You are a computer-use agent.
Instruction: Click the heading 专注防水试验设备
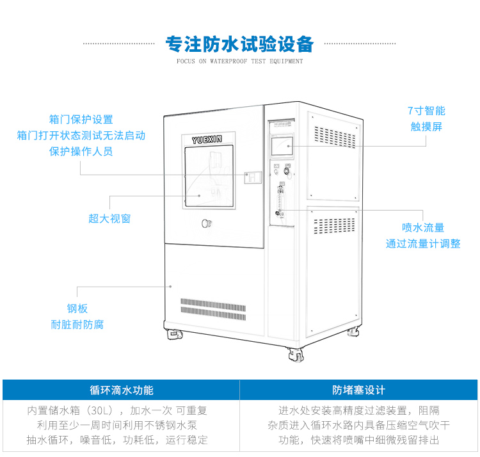(x=240, y=44)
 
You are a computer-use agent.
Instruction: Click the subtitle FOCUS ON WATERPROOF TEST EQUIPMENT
(x=240, y=61)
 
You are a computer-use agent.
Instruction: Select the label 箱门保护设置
(x=81, y=119)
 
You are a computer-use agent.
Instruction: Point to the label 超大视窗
(x=109, y=218)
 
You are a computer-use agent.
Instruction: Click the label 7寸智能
(x=426, y=110)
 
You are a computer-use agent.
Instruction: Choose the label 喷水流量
(x=423, y=227)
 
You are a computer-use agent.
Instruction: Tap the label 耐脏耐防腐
(x=77, y=324)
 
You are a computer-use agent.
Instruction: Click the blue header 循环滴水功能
(x=121, y=390)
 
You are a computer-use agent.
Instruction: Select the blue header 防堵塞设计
(x=359, y=390)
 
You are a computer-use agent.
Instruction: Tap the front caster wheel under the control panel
(x=295, y=354)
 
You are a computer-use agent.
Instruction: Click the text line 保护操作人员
(x=81, y=151)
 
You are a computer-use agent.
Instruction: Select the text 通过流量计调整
(x=423, y=243)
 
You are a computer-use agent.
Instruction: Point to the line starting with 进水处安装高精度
(x=359, y=410)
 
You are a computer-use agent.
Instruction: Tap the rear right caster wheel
(x=353, y=332)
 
